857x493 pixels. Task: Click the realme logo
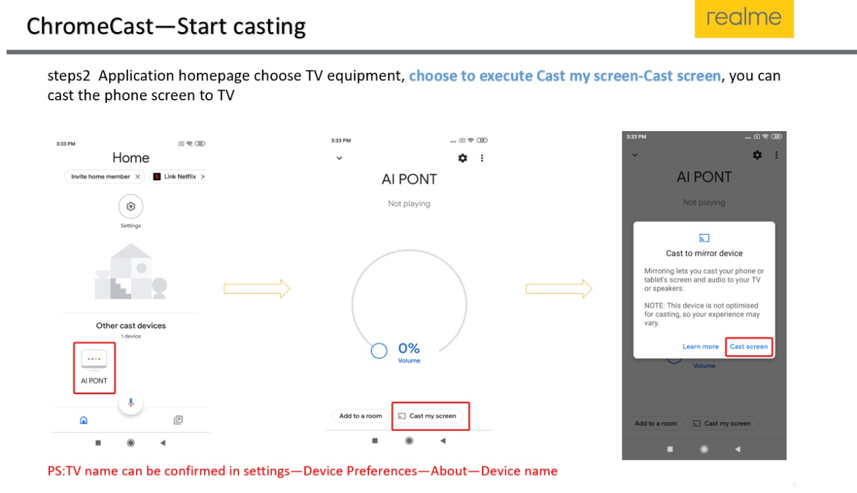pos(744,18)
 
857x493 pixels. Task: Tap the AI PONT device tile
pos(94,368)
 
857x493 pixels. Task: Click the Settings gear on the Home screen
pos(131,207)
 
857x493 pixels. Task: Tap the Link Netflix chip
pos(179,177)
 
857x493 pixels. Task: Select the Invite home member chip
pos(104,177)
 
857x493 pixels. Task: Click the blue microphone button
pos(131,403)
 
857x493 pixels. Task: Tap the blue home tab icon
pos(84,420)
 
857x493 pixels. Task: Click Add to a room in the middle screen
pos(360,416)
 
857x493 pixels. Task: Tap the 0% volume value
pos(409,348)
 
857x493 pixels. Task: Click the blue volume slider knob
pos(379,351)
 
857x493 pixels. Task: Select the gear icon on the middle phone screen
pos(463,158)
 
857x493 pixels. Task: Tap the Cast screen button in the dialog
pos(749,347)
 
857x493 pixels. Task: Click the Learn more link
pos(700,347)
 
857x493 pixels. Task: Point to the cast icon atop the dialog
pos(704,238)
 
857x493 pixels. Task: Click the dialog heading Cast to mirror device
pos(704,254)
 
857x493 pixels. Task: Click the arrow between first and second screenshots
pos(257,288)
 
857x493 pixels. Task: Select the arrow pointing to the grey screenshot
pos(559,288)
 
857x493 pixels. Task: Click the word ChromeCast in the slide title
pos(90,26)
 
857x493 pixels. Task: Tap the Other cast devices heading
pos(131,326)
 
